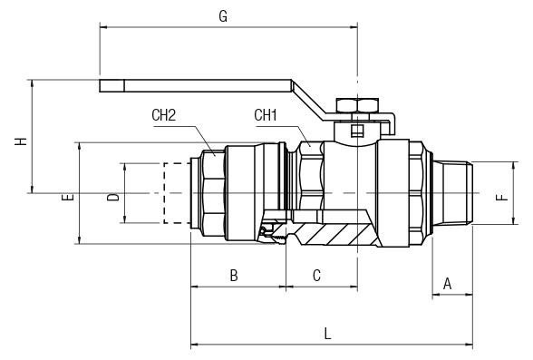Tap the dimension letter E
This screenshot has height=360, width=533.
(67, 196)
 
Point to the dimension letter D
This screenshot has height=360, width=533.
(112, 196)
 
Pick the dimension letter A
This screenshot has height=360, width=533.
(447, 284)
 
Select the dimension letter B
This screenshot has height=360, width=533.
(233, 276)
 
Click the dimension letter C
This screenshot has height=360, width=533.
(316, 276)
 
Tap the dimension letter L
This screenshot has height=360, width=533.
(327, 333)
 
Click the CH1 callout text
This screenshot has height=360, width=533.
(266, 115)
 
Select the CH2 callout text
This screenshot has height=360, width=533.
(163, 115)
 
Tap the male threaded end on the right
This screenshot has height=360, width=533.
(452, 192)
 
